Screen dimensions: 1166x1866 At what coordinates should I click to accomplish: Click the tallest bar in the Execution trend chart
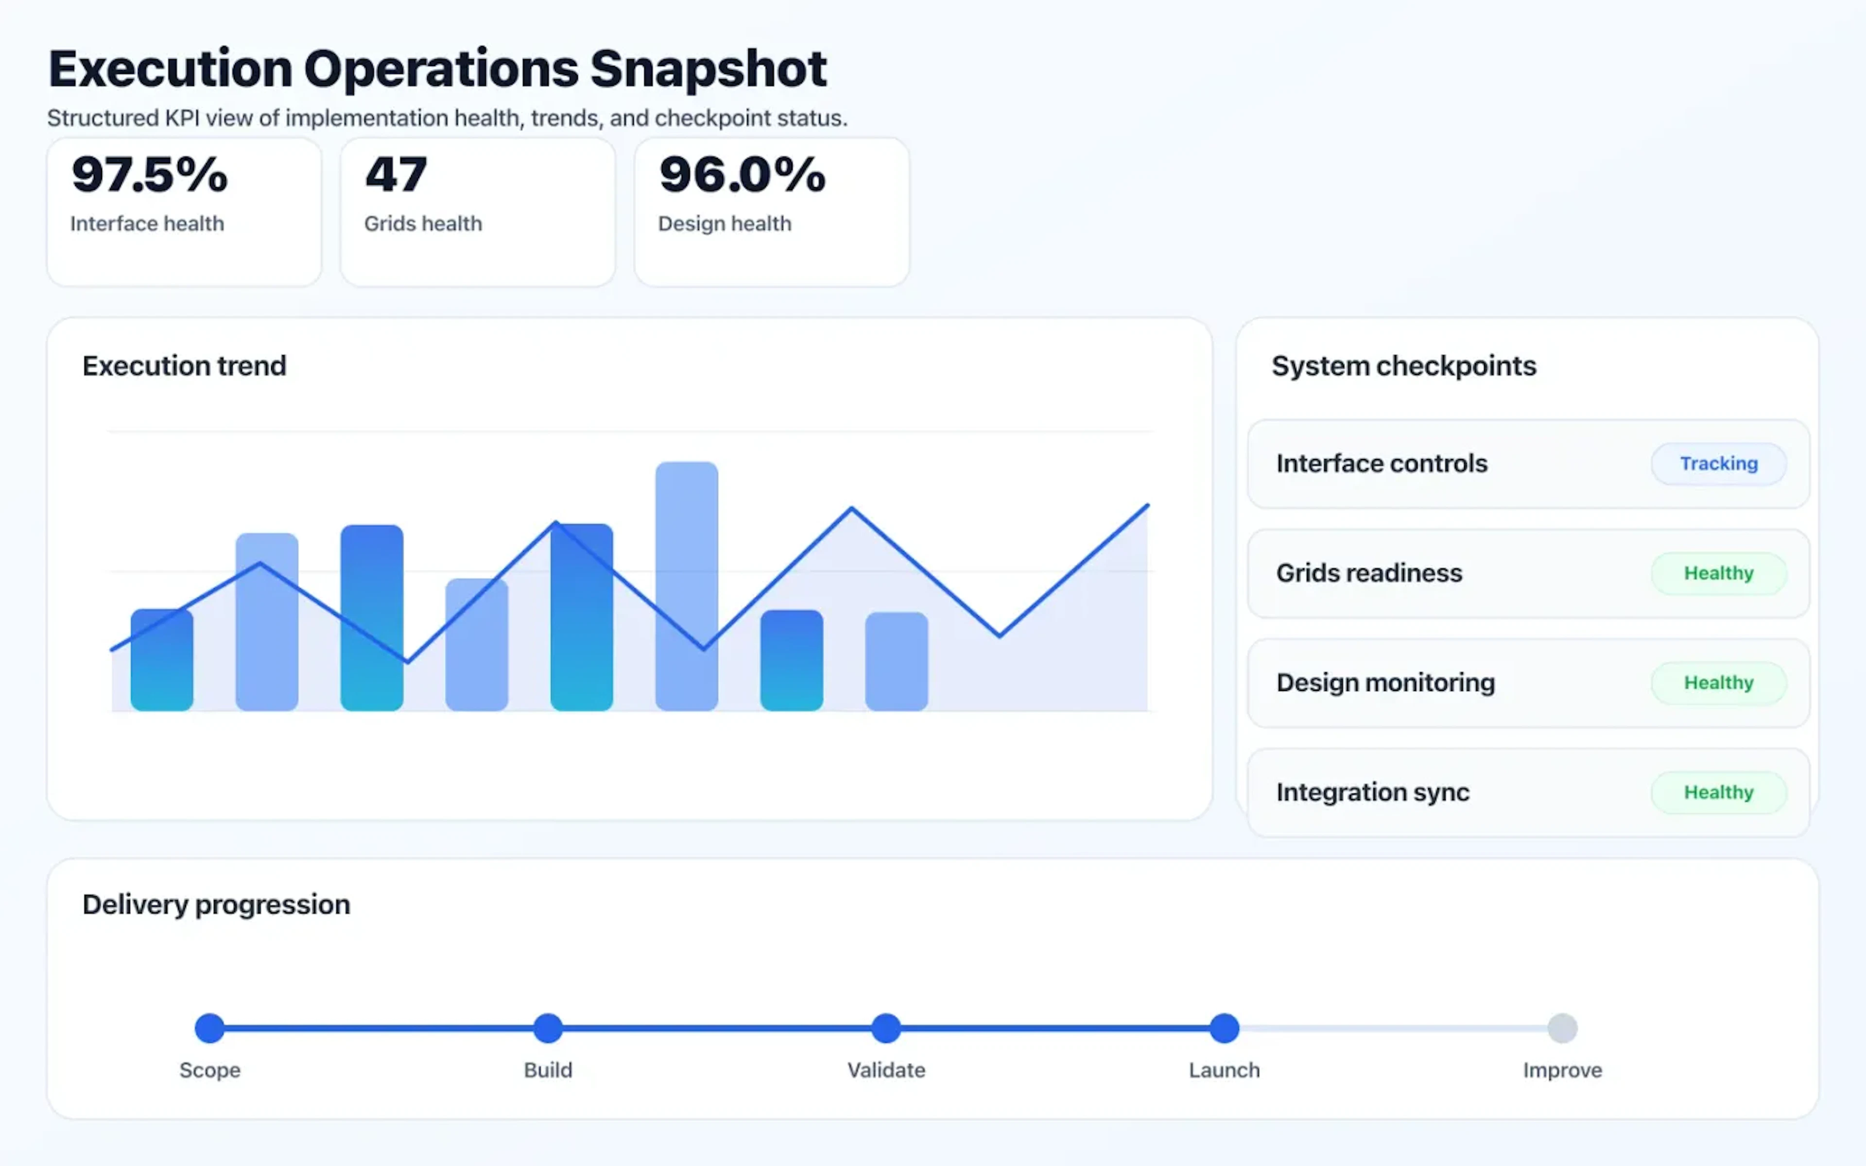point(686,586)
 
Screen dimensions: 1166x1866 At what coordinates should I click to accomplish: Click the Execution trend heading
point(184,365)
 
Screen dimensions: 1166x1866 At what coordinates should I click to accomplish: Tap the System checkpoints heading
point(1403,365)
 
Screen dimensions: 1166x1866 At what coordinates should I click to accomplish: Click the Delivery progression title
point(216,904)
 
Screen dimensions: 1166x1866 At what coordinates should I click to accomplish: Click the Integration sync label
point(1372,792)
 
